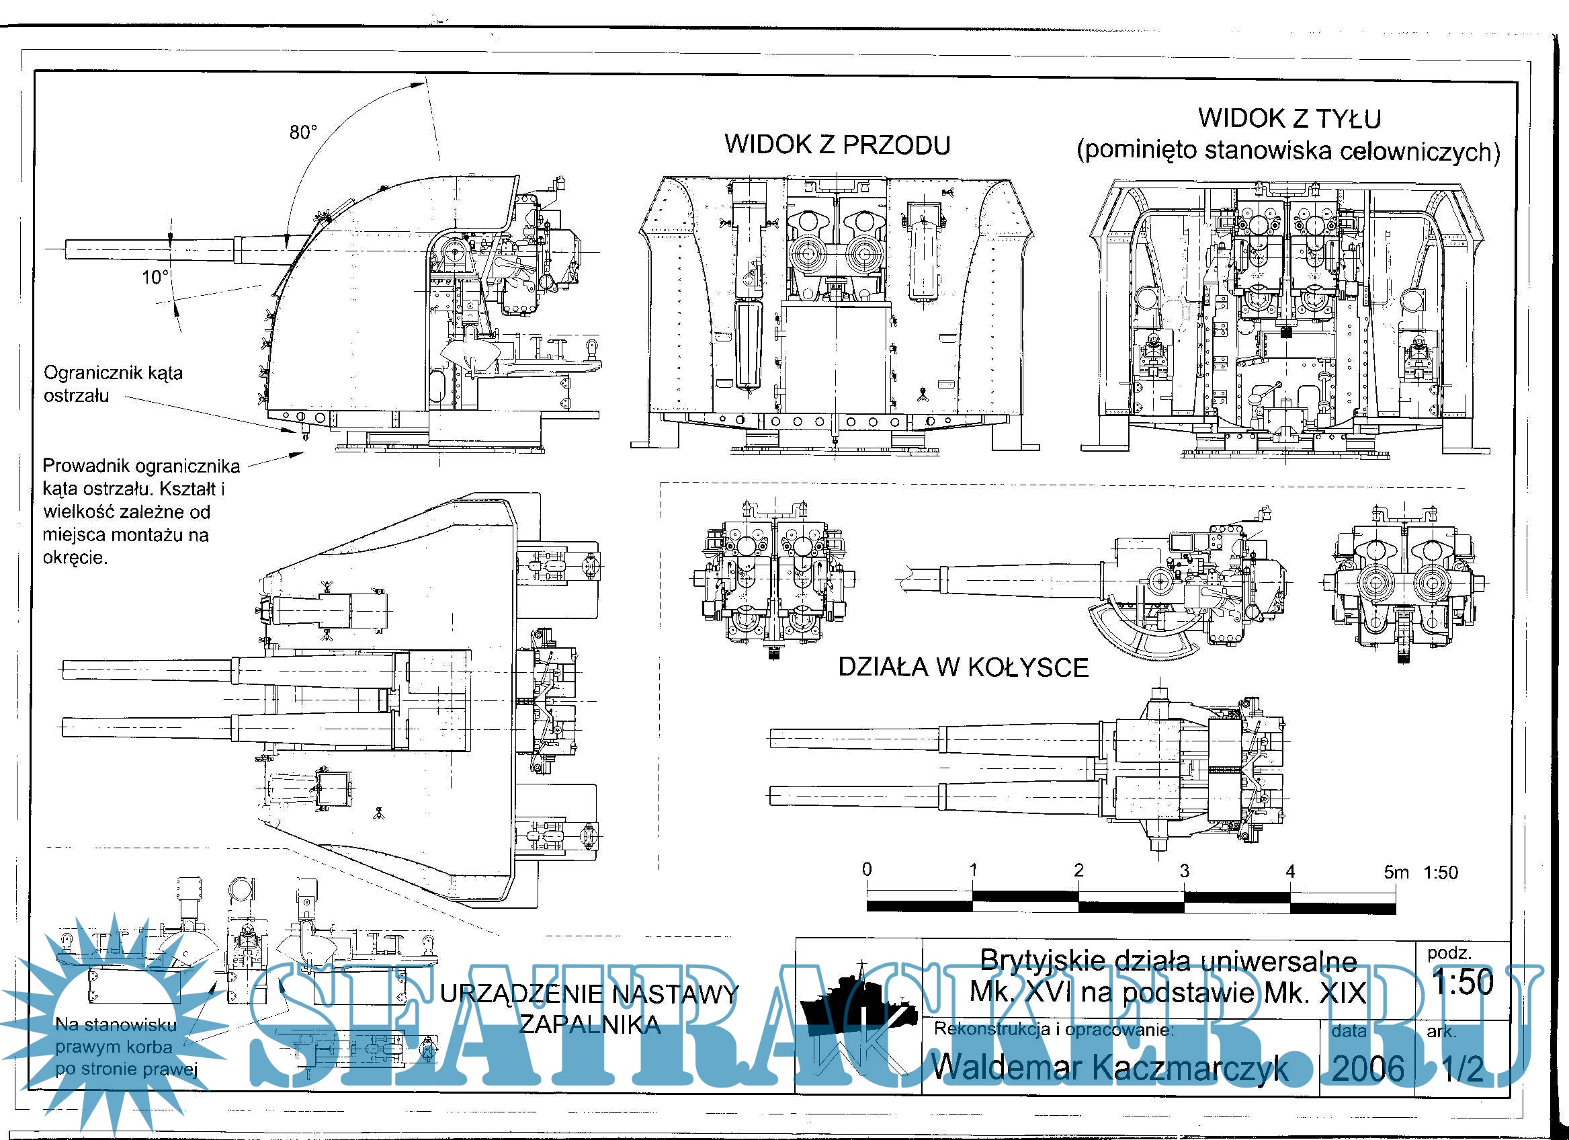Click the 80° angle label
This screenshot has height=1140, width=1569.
(303, 132)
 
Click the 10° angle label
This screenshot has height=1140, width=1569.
(156, 278)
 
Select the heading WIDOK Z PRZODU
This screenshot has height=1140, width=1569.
(837, 145)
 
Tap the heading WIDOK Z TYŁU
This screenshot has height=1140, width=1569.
(1289, 118)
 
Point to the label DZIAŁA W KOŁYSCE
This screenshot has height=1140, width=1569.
(963, 667)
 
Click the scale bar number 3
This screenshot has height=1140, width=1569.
(1185, 870)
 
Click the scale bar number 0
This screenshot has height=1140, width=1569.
(867, 869)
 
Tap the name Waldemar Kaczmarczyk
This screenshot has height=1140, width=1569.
(1110, 1067)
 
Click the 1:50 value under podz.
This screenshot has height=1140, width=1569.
(1463, 983)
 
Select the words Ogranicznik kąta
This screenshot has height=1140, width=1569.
(114, 373)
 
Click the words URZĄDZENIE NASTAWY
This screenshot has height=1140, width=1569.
(589, 995)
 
